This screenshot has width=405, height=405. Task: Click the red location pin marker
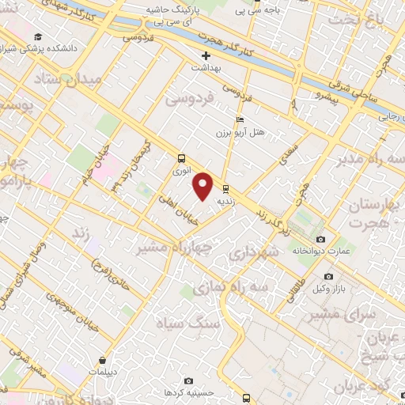pyautogui.click(x=203, y=187)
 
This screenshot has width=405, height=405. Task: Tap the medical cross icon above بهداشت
pyautogui.click(x=206, y=55)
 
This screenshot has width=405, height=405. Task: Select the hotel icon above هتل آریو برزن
pyautogui.click(x=240, y=119)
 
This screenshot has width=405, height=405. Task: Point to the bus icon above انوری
pyautogui.click(x=182, y=157)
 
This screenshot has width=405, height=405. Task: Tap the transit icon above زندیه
pyautogui.click(x=227, y=188)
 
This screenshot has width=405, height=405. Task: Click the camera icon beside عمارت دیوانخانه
pyautogui.click(x=320, y=239)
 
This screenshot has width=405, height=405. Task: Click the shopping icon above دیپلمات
pyautogui.click(x=103, y=360)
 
